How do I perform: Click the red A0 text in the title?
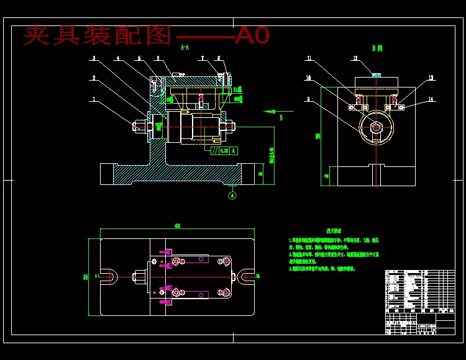tap(252, 35)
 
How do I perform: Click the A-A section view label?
tap(185, 47)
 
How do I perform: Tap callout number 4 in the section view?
tap(117, 59)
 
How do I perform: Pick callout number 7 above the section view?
tap(203, 59)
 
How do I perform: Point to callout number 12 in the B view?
tap(355, 59)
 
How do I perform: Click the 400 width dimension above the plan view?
tap(178, 226)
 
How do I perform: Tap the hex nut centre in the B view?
tap(375, 127)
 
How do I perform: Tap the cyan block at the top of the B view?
tap(376, 74)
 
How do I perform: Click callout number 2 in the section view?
tap(94, 79)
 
